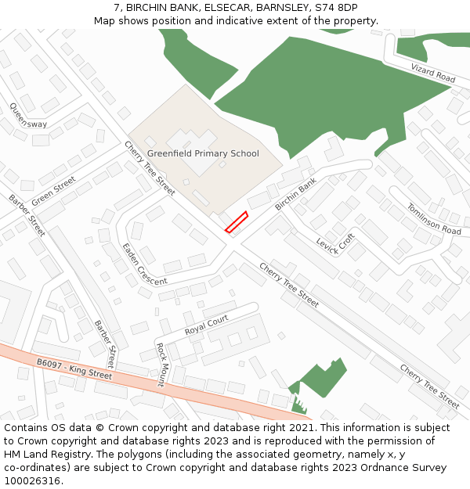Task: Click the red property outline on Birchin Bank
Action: coord(237,222)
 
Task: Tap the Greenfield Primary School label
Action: coord(203,153)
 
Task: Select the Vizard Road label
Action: coord(433,74)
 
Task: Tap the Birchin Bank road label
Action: coord(295,195)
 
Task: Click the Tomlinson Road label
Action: coord(434,218)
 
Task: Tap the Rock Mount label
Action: coord(160,365)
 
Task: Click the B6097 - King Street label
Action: coord(74,369)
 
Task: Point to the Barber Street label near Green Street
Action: coord(27,214)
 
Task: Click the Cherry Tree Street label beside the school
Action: coord(149,167)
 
